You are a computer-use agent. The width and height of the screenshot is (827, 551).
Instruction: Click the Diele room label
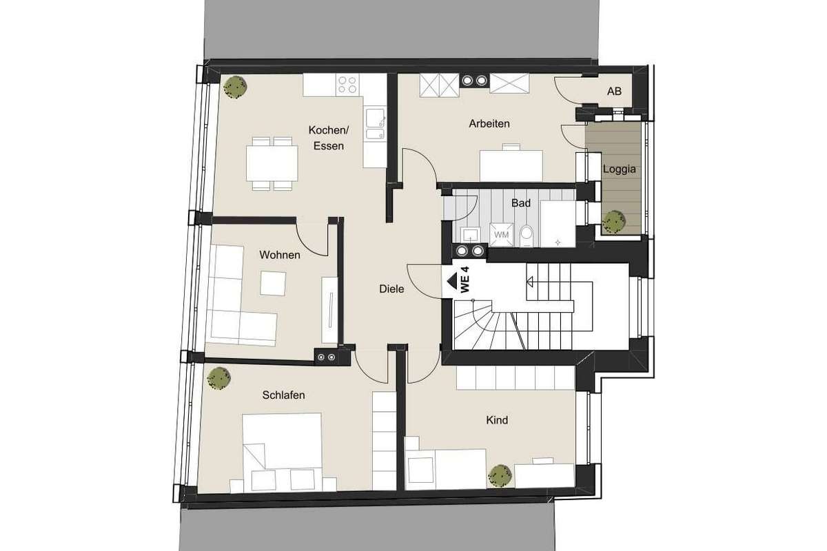click(391, 289)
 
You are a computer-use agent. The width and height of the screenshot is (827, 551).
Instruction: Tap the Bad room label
click(521, 203)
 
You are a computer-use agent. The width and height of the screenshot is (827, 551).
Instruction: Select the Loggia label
click(619, 169)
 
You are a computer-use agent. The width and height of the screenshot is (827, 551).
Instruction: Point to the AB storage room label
click(614, 91)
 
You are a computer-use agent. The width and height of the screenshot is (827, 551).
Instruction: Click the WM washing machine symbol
click(501, 235)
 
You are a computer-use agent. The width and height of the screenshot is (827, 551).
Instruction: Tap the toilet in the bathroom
click(527, 236)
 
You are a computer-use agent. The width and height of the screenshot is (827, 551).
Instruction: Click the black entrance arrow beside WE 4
click(452, 281)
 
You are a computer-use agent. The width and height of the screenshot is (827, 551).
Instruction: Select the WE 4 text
click(464, 280)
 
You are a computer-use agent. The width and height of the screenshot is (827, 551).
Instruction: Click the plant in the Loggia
click(613, 222)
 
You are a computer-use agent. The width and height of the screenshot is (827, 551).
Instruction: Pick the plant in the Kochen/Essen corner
click(235, 87)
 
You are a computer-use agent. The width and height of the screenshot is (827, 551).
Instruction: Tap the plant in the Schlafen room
click(218, 378)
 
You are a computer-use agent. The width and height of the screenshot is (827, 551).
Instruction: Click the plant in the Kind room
click(500, 476)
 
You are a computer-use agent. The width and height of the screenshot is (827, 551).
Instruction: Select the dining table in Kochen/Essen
click(272, 163)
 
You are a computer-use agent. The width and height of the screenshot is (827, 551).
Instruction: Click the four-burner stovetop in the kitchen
click(347, 85)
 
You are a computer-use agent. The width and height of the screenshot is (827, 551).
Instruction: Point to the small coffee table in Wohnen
click(273, 283)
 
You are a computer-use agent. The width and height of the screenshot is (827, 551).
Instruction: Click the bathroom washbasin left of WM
click(471, 236)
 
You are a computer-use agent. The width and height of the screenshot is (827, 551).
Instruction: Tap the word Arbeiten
click(489, 124)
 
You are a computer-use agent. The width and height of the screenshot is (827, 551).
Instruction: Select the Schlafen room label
click(283, 395)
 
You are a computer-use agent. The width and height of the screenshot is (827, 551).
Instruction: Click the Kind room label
click(497, 420)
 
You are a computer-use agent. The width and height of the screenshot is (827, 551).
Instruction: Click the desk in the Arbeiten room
click(511, 166)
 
